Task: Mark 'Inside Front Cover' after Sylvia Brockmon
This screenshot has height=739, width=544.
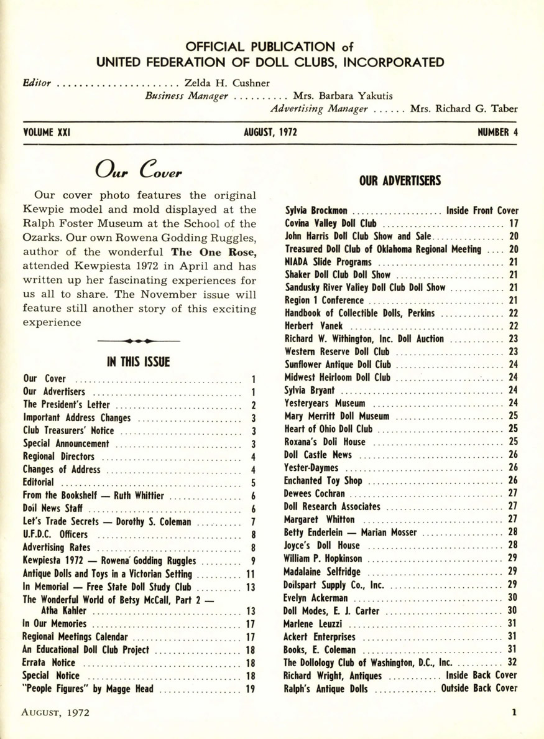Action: (482, 211)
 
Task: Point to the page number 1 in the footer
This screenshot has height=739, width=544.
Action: (515, 715)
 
